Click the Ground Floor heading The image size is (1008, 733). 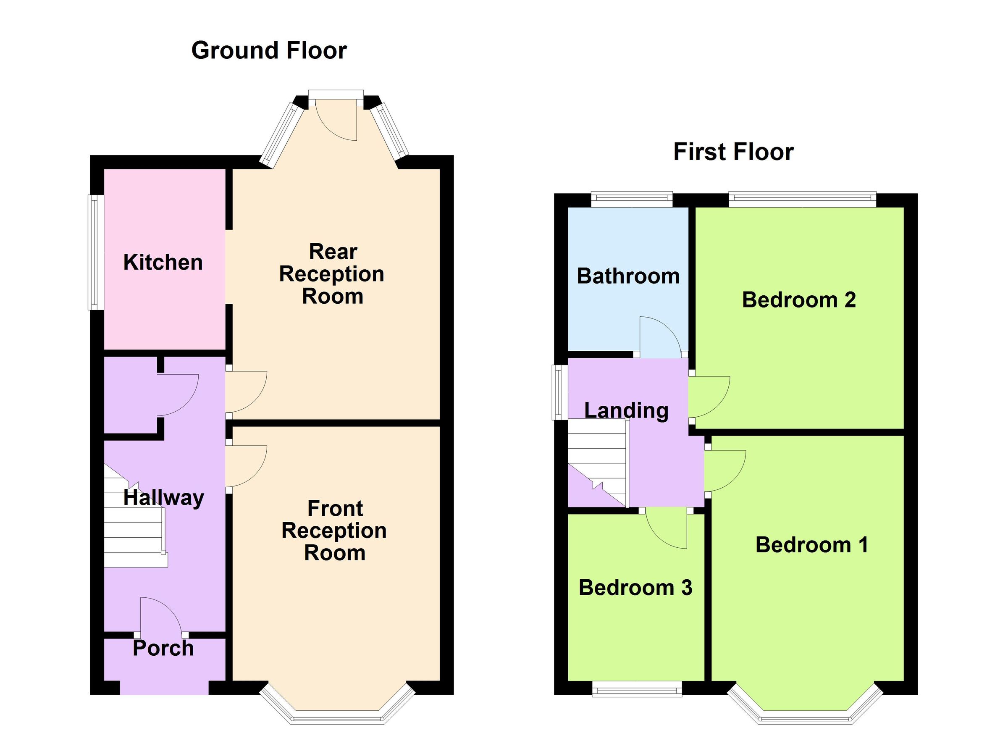(x=269, y=50)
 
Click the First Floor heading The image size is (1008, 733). (x=733, y=152)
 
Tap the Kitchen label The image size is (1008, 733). (x=163, y=262)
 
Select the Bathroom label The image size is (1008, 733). (x=628, y=276)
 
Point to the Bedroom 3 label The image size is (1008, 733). (x=635, y=588)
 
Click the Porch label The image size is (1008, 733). (x=163, y=648)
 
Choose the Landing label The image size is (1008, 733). (x=626, y=410)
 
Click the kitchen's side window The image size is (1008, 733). (x=94, y=252)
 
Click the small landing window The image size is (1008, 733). (x=557, y=392)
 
